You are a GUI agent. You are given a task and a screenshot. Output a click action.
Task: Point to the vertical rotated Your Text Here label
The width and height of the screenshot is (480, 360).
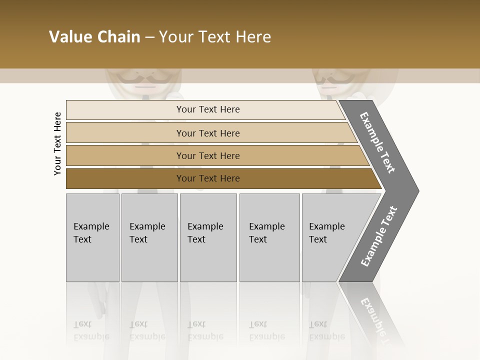tap(57, 143)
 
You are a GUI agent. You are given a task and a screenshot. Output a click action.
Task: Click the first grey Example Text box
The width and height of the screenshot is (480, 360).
tap(92, 237)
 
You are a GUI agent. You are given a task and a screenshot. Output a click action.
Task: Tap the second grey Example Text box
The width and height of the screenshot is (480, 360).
tap(149, 237)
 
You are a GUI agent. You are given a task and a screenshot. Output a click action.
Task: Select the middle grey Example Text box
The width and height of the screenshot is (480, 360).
tap(208, 237)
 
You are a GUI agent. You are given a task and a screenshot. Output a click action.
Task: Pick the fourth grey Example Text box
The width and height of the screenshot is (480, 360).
tap(269, 237)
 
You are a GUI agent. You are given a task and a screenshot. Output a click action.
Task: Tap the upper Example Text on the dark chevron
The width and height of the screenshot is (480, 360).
tap(377, 142)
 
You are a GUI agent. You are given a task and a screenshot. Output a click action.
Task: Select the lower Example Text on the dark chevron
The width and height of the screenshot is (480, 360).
tap(379, 236)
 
